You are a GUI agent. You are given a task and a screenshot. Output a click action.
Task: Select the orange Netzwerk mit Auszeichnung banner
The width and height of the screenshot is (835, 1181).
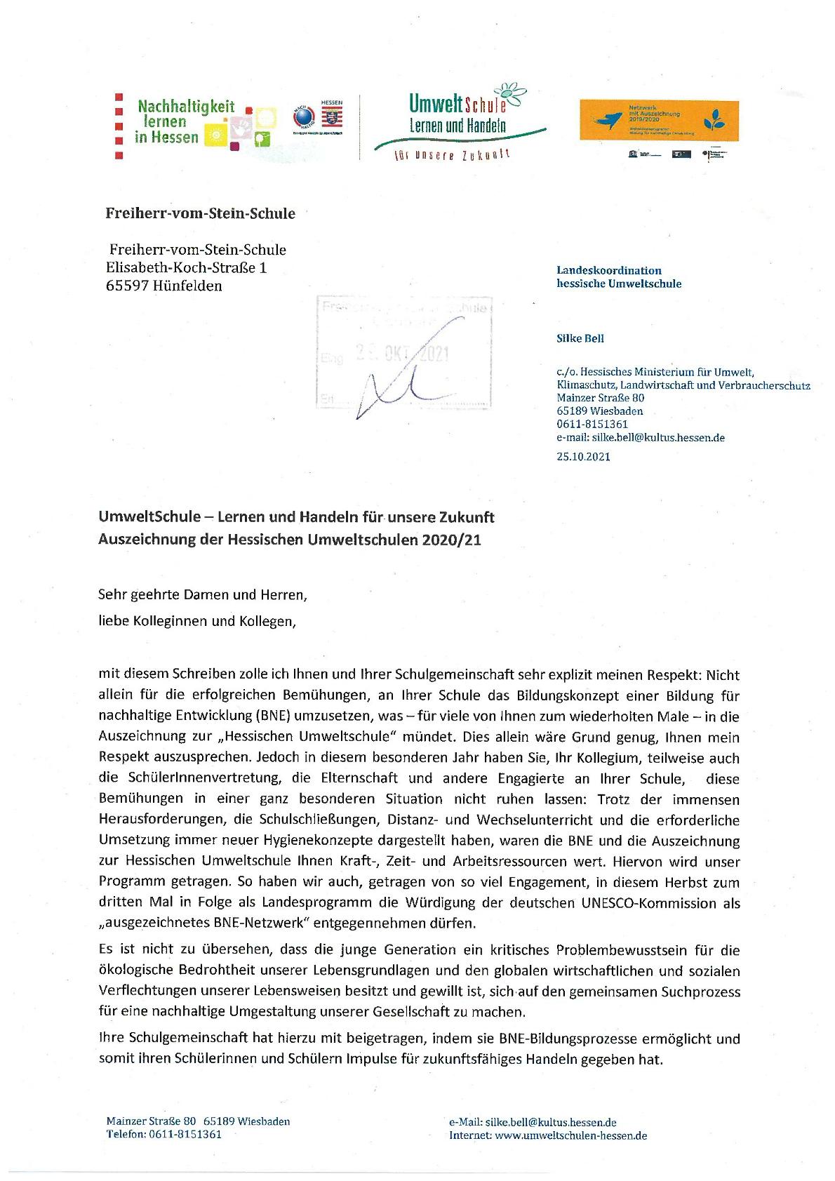click(x=658, y=119)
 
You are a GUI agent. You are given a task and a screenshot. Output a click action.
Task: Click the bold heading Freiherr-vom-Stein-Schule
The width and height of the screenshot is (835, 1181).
click(x=200, y=213)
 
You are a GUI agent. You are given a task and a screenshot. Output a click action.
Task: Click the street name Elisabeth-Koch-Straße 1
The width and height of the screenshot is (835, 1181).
click(x=186, y=267)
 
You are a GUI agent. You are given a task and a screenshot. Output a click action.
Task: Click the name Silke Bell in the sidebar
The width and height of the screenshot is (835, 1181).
click(x=580, y=338)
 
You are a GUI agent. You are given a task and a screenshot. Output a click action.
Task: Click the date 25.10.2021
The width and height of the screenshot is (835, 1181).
click(x=583, y=456)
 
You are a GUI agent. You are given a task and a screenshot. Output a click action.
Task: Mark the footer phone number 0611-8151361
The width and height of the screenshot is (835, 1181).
click(x=185, y=1134)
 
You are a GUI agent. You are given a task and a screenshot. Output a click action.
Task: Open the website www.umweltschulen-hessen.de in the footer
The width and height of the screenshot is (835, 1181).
click(x=570, y=1135)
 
